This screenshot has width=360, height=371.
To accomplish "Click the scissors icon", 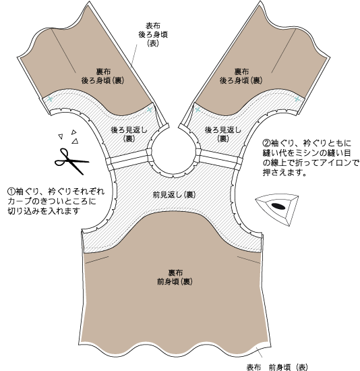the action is pyautogui.click(x=70, y=161).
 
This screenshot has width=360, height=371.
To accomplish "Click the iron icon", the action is pyautogui.click(x=277, y=209).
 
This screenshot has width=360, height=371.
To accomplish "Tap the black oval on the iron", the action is pyautogui.click(x=278, y=206).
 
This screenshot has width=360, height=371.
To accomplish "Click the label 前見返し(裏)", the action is pyautogui.click(x=175, y=195).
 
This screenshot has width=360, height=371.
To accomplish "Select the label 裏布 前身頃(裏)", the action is pyautogui.click(x=175, y=277).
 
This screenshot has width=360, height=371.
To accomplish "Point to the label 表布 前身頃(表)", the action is pyautogui.click(x=277, y=367).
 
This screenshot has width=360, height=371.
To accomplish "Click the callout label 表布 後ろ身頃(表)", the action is pyautogui.click(x=153, y=34).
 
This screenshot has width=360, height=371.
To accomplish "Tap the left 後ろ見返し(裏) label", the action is pyautogui.click(x=129, y=134).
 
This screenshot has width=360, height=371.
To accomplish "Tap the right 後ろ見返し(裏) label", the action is pyautogui.click(x=223, y=134).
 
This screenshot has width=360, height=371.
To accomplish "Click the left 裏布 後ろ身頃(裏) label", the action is pyautogui.click(x=102, y=76).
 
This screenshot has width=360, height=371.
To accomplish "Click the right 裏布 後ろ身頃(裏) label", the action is pyautogui.click(x=241, y=76).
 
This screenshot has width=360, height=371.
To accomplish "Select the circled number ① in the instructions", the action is pyautogui.click(x=11, y=191).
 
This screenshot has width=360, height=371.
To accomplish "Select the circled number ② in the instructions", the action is pyautogui.click(x=266, y=143).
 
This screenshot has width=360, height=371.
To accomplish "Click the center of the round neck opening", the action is pyautogui.click(x=174, y=153).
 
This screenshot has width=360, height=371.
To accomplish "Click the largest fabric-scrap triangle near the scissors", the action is pyautogui.click(x=76, y=141).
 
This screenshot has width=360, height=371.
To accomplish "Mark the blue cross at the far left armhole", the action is pyautogui.click(x=50, y=99).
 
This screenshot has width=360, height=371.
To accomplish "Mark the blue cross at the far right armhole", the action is pyautogui.click(x=297, y=99).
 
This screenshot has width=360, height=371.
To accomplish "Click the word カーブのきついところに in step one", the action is pyautogui.click(x=52, y=201).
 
